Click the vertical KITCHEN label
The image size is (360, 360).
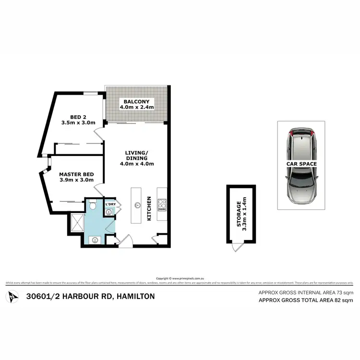[x=149, y=209]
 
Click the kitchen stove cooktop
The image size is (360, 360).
[x=162, y=205]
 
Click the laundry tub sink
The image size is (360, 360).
[x=110, y=211]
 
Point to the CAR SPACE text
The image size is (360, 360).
[x=301, y=164]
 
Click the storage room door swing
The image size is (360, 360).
[x=235, y=247]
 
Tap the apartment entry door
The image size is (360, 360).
[x=124, y=242]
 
